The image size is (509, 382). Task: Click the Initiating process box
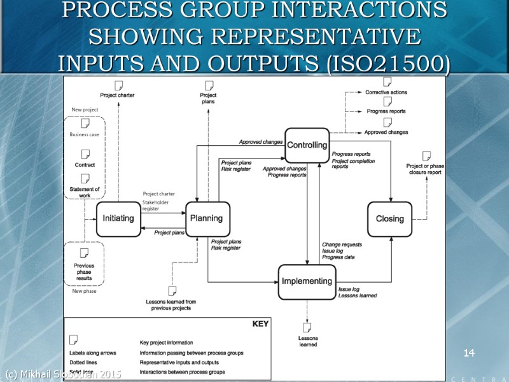pyautogui.click(x=118, y=218)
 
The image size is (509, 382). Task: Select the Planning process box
pyautogui.click(x=207, y=218)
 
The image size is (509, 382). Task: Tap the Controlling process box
pyautogui.click(x=307, y=145)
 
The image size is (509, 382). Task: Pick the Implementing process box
pyautogui.click(x=307, y=281)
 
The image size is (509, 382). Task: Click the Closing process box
pyautogui.click(x=390, y=218)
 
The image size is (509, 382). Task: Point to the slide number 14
pyautogui.click(x=470, y=352)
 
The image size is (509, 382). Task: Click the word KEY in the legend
pyautogui.click(x=261, y=324)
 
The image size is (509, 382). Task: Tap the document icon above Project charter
pyautogui.click(x=118, y=85)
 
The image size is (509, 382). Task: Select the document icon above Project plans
pyautogui.click(x=208, y=85)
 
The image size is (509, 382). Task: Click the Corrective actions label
pyautogui.click(x=386, y=92)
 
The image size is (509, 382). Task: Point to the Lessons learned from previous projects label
pyautogui.click(x=171, y=305)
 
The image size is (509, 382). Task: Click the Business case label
pyautogui.click(x=84, y=134)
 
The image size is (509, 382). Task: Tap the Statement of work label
pyautogui.click(x=85, y=192)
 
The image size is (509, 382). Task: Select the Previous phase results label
pyautogui.click(x=84, y=272)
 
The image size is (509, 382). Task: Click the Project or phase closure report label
pyautogui.click(x=426, y=169)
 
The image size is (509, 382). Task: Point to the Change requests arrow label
pyautogui.click(x=342, y=244)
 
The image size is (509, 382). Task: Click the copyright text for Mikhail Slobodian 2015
pyautogui.click(x=62, y=373)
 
